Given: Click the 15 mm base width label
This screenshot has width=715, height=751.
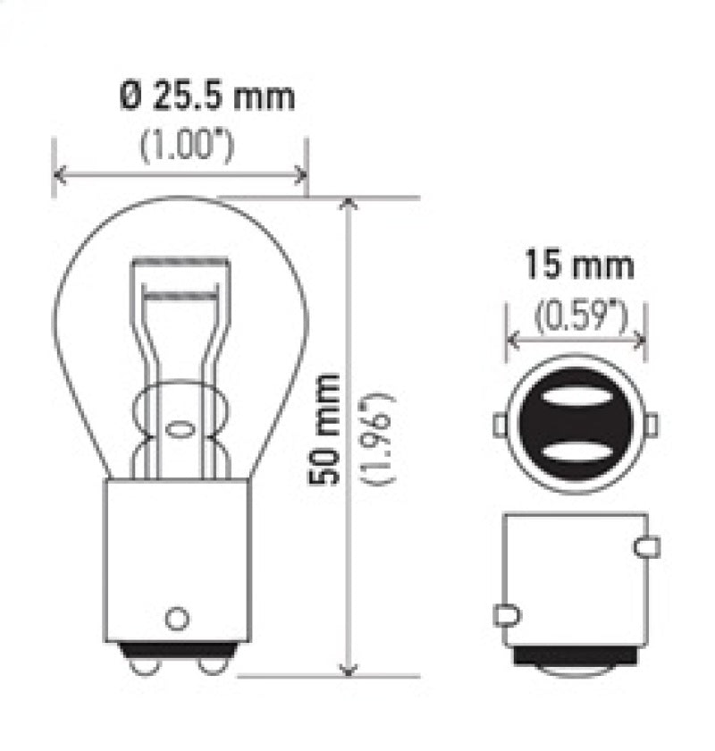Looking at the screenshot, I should click(578, 266).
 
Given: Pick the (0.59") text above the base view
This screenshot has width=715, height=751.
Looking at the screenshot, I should click(578, 314).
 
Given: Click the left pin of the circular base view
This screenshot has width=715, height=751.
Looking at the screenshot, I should click(500, 425).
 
